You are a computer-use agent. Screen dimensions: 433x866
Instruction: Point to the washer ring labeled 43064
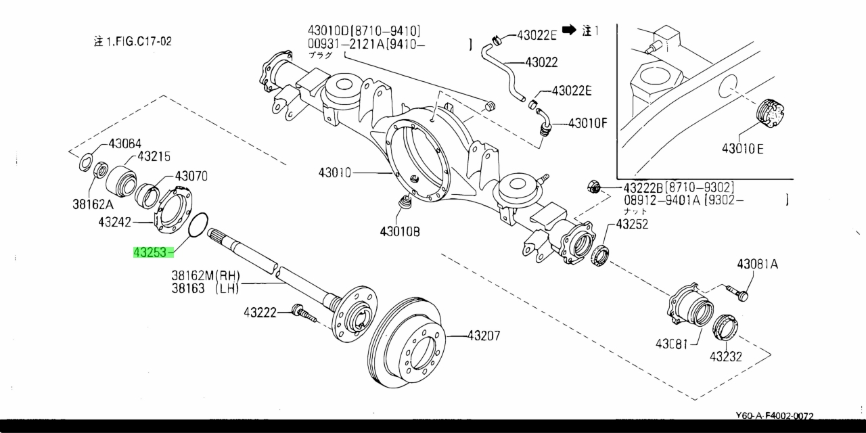pyautogui.click(x=87, y=163)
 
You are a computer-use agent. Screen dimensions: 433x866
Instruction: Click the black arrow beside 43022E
pyautogui.click(x=569, y=30)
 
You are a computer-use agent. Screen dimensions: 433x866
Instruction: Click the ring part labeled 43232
pyautogui.click(x=726, y=329)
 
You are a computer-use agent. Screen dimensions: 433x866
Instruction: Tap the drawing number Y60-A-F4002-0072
pyautogui.click(x=774, y=416)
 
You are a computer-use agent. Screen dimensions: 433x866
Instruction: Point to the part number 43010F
pyautogui.click(x=587, y=123)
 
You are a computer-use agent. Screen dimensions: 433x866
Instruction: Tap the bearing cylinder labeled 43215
pyautogui.click(x=120, y=179)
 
